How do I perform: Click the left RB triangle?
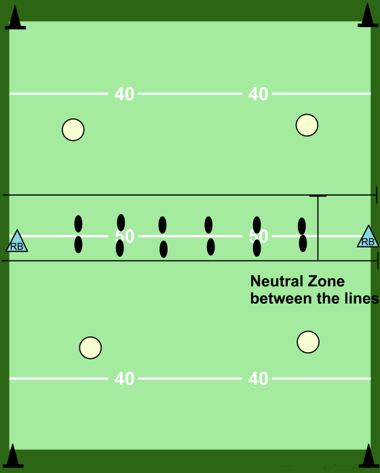coord(17,242)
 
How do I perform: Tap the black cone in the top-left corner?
coord(16,19)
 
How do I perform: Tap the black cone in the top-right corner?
coord(368,16)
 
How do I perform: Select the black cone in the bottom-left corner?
coord(13,456)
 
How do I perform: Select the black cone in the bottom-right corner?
coord(369,456)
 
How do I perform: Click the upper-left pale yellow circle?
coord(73,130)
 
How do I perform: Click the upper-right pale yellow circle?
coord(307,125)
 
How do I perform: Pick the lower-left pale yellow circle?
coord(90,348)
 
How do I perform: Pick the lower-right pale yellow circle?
coord(308,342)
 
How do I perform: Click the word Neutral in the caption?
coord(276,281)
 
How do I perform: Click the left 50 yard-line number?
coord(124,236)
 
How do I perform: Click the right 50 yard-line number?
coord(259,236)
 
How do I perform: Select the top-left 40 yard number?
coord(124,94)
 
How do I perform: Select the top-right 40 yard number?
coord(258,94)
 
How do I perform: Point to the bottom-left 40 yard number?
coord(124,379)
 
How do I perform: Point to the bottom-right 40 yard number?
coord(258,379)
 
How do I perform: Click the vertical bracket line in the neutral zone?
coord(318,228)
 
